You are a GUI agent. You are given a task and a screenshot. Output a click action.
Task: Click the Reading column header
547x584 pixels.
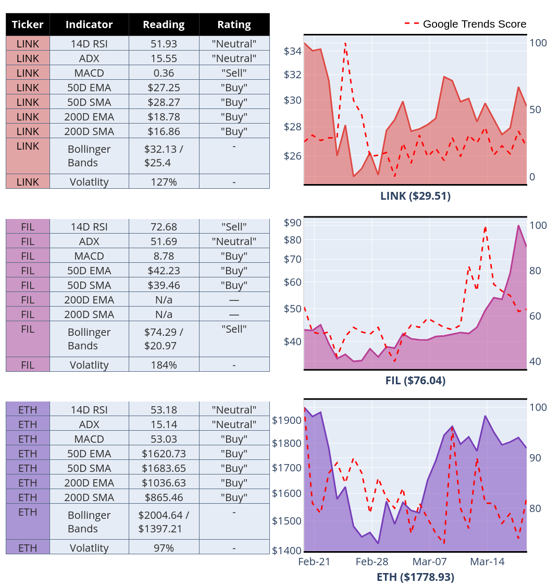click(x=164, y=25)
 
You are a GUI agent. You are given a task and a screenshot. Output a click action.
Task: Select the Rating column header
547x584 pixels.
click(x=234, y=25)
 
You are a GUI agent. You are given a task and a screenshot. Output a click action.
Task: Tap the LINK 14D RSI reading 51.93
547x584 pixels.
click(x=164, y=44)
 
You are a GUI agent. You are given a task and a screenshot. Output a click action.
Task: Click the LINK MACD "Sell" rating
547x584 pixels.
click(x=234, y=73)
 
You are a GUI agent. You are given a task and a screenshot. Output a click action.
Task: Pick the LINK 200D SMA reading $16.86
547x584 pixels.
click(x=164, y=131)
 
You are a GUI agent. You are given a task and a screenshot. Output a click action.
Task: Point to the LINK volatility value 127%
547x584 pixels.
click(x=164, y=182)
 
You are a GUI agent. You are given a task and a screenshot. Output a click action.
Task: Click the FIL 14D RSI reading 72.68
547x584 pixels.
click(x=164, y=227)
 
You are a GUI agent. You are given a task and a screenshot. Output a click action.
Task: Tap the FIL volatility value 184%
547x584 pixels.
click(x=164, y=365)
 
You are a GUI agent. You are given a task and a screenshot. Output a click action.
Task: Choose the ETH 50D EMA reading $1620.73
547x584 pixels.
click(x=164, y=454)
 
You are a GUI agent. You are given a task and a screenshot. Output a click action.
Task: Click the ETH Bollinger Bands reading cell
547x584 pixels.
click(x=164, y=522)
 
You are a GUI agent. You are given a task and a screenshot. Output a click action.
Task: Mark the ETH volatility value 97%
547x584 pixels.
click(x=164, y=548)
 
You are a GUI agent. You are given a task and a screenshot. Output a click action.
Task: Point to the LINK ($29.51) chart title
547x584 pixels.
click(x=415, y=196)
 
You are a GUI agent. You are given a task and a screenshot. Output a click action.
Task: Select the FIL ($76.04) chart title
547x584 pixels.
click(x=415, y=381)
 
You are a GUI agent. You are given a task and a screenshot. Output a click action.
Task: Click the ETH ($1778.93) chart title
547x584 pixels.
click(x=415, y=577)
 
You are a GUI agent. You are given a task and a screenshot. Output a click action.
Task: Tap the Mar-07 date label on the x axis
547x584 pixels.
click(x=430, y=562)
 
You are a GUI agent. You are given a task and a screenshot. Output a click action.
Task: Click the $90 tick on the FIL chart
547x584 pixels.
click(x=292, y=223)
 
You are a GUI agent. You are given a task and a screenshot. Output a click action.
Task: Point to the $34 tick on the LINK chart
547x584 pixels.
click(x=292, y=51)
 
